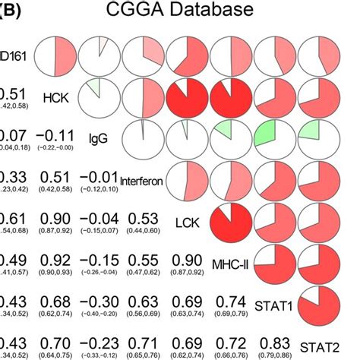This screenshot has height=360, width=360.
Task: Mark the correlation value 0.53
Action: (142, 217)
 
